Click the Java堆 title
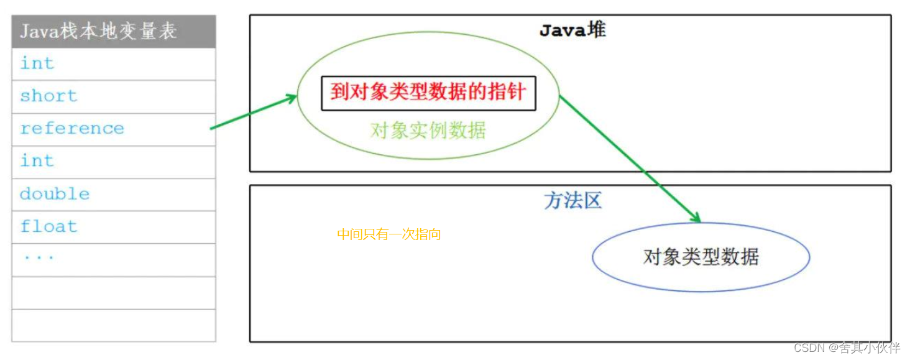click(x=572, y=30)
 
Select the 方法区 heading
click(x=572, y=200)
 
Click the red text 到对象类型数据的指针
click(x=428, y=93)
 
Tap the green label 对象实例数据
click(x=428, y=131)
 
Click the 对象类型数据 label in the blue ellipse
click(x=701, y=257)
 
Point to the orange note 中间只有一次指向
click(x=389, y=234)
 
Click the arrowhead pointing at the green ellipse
click(x=293, y=98)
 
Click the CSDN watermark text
click(x=847, y=348)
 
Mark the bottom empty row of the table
click(x=114, y=325)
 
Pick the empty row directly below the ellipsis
click(x=114, y=292)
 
